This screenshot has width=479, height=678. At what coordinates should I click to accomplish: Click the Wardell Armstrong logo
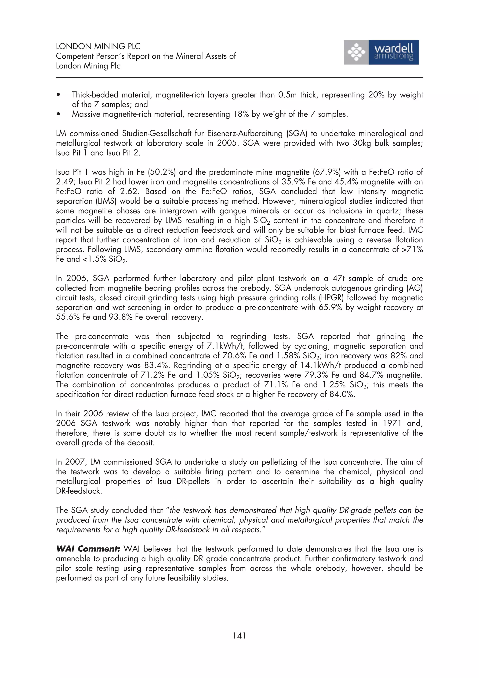pos(381,52)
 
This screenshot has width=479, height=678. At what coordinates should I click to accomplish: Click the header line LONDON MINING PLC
pos(98,46)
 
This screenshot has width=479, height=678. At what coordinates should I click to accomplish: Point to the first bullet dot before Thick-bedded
pos(59,95)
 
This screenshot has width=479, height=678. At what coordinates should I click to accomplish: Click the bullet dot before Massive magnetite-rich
pos(59,114)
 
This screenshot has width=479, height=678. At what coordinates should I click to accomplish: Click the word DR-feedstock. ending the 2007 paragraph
pos(79,491)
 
